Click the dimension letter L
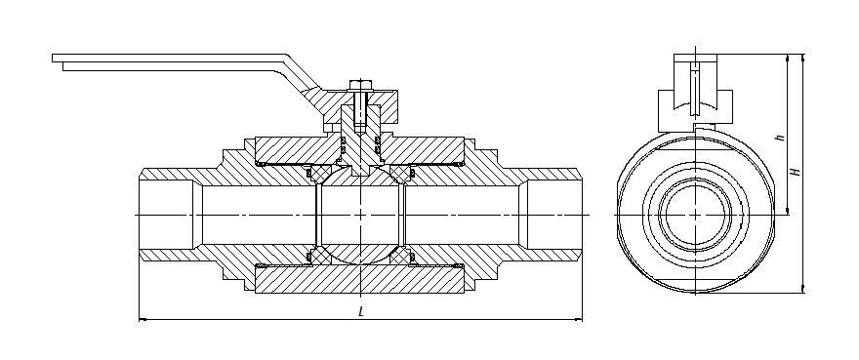click(x=360, y=312)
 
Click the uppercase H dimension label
click(x=798, y=172)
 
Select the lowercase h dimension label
click(x=782, y=138)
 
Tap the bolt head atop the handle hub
click(x=360, y=85)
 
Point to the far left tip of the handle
click(x=53, y=58)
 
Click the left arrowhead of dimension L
click(x=143, y=318)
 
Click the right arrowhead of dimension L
click(x=578, y=318)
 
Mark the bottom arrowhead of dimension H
click(x=803, y=288)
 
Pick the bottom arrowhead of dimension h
click(x=788, y=210)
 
